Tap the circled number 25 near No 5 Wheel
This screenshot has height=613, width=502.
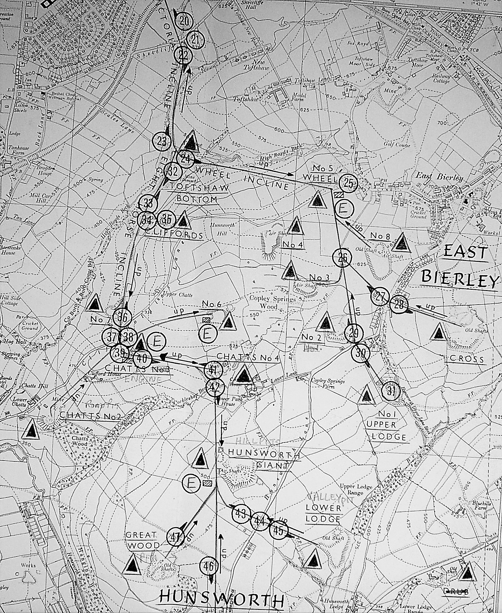point(348,183)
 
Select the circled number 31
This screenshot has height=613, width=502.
point(391,391)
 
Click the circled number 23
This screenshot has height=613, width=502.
point(162,141)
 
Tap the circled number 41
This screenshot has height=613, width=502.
point(213,369)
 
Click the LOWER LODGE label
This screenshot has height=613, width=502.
point(323,513)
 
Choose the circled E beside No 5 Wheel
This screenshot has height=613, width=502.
point(343,209)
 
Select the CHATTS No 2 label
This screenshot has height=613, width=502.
point(90,416)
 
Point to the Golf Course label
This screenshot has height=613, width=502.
point(397,144)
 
